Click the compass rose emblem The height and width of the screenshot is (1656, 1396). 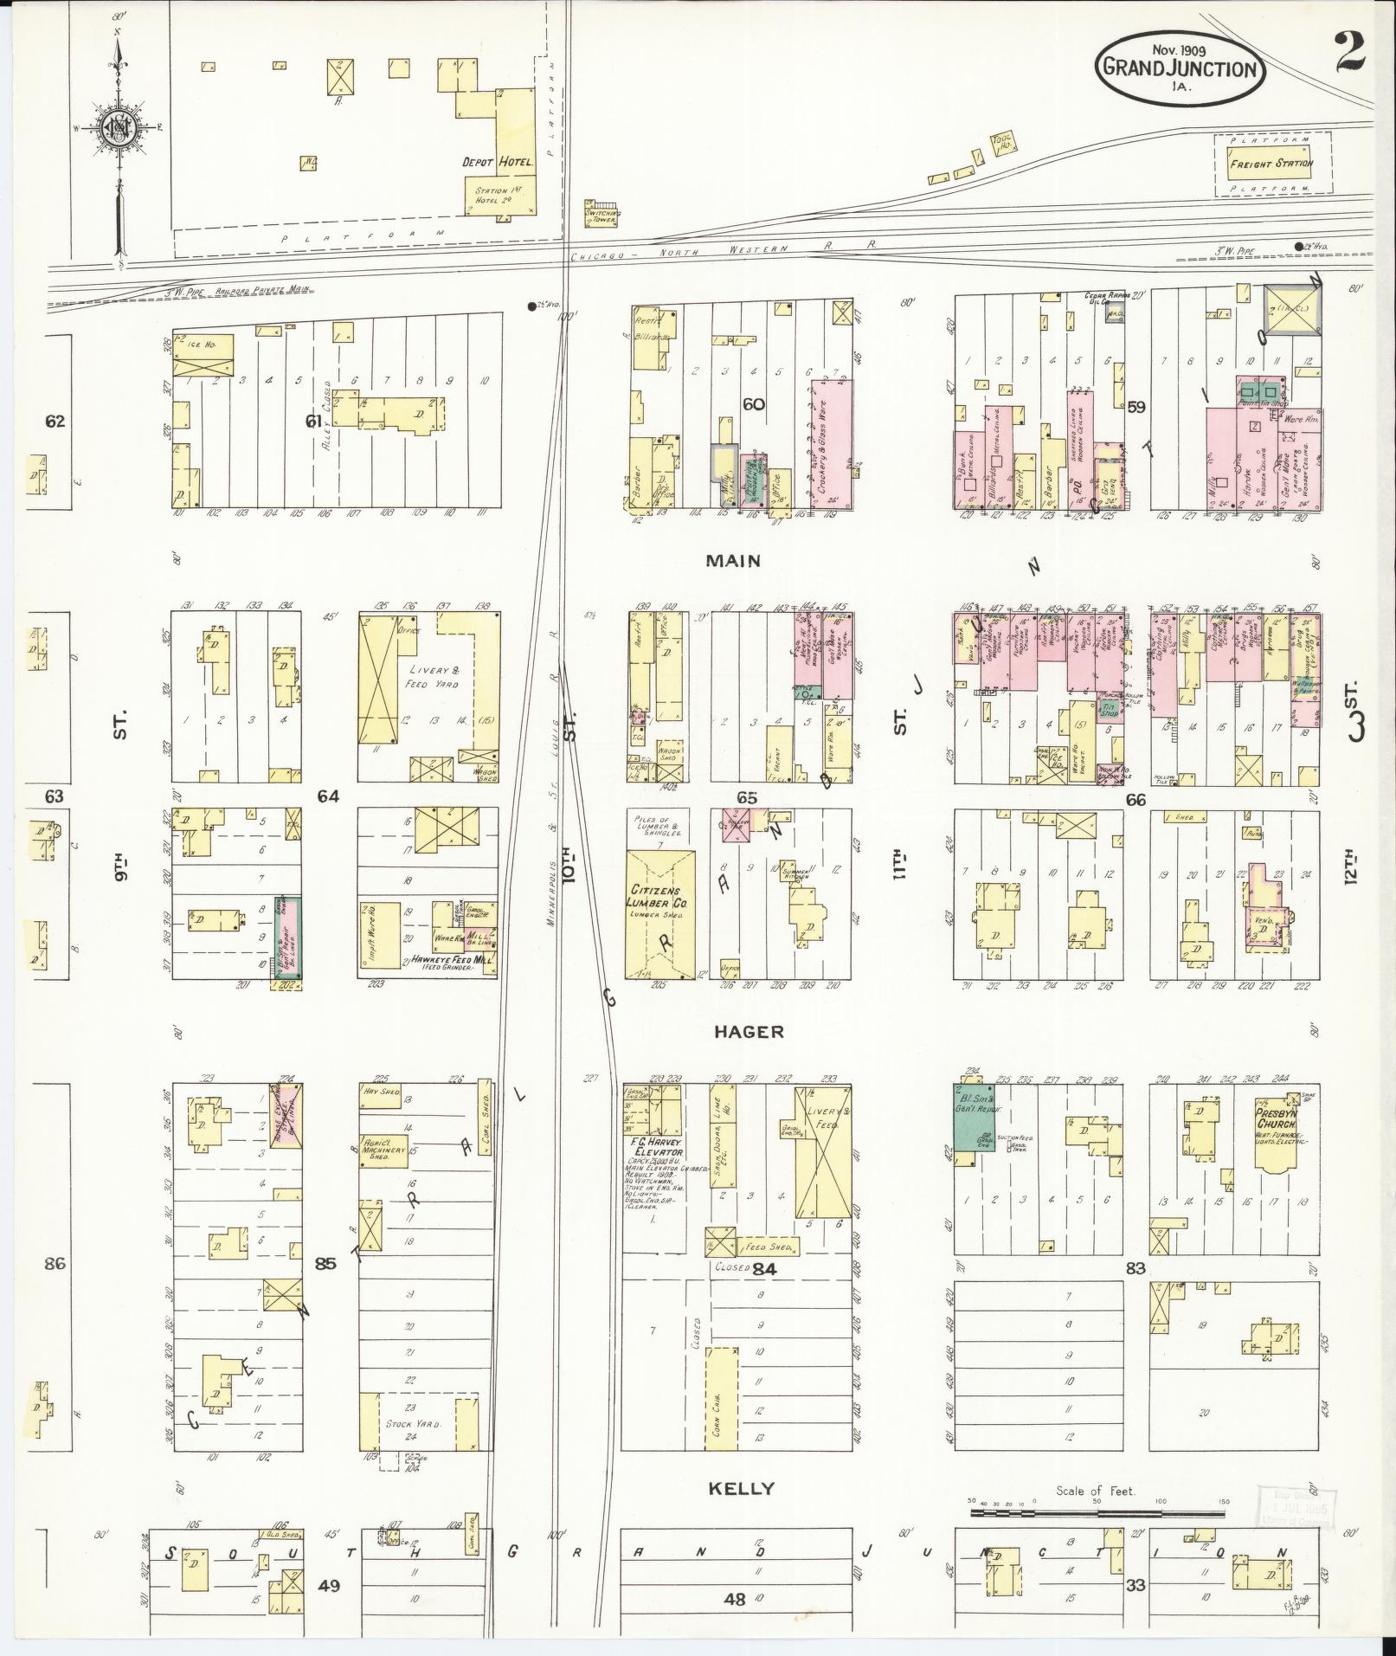116,130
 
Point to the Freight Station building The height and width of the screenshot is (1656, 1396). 1271,164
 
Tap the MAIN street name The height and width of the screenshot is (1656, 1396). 733,561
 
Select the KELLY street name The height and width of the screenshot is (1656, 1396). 740,1488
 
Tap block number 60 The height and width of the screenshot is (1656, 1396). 755,403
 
